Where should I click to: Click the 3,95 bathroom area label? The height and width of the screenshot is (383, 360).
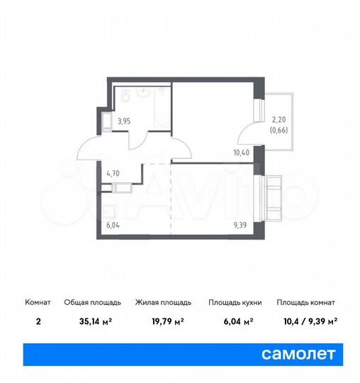(x=123, y=121)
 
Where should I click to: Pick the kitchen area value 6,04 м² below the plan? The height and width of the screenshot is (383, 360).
(x=235, y=320)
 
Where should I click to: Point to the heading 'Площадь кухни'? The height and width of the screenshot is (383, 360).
(x=235, y=302)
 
